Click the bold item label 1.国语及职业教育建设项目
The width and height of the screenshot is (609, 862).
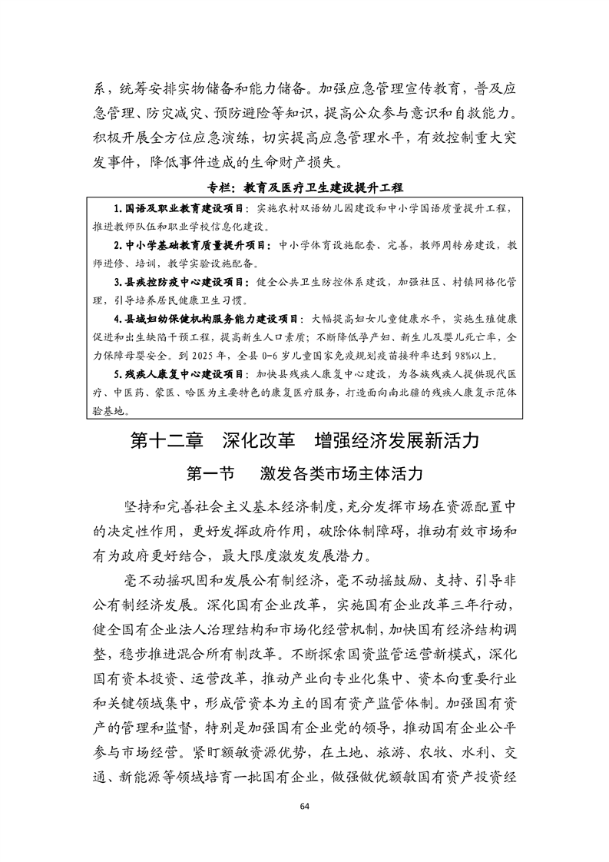tap(174, 209)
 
